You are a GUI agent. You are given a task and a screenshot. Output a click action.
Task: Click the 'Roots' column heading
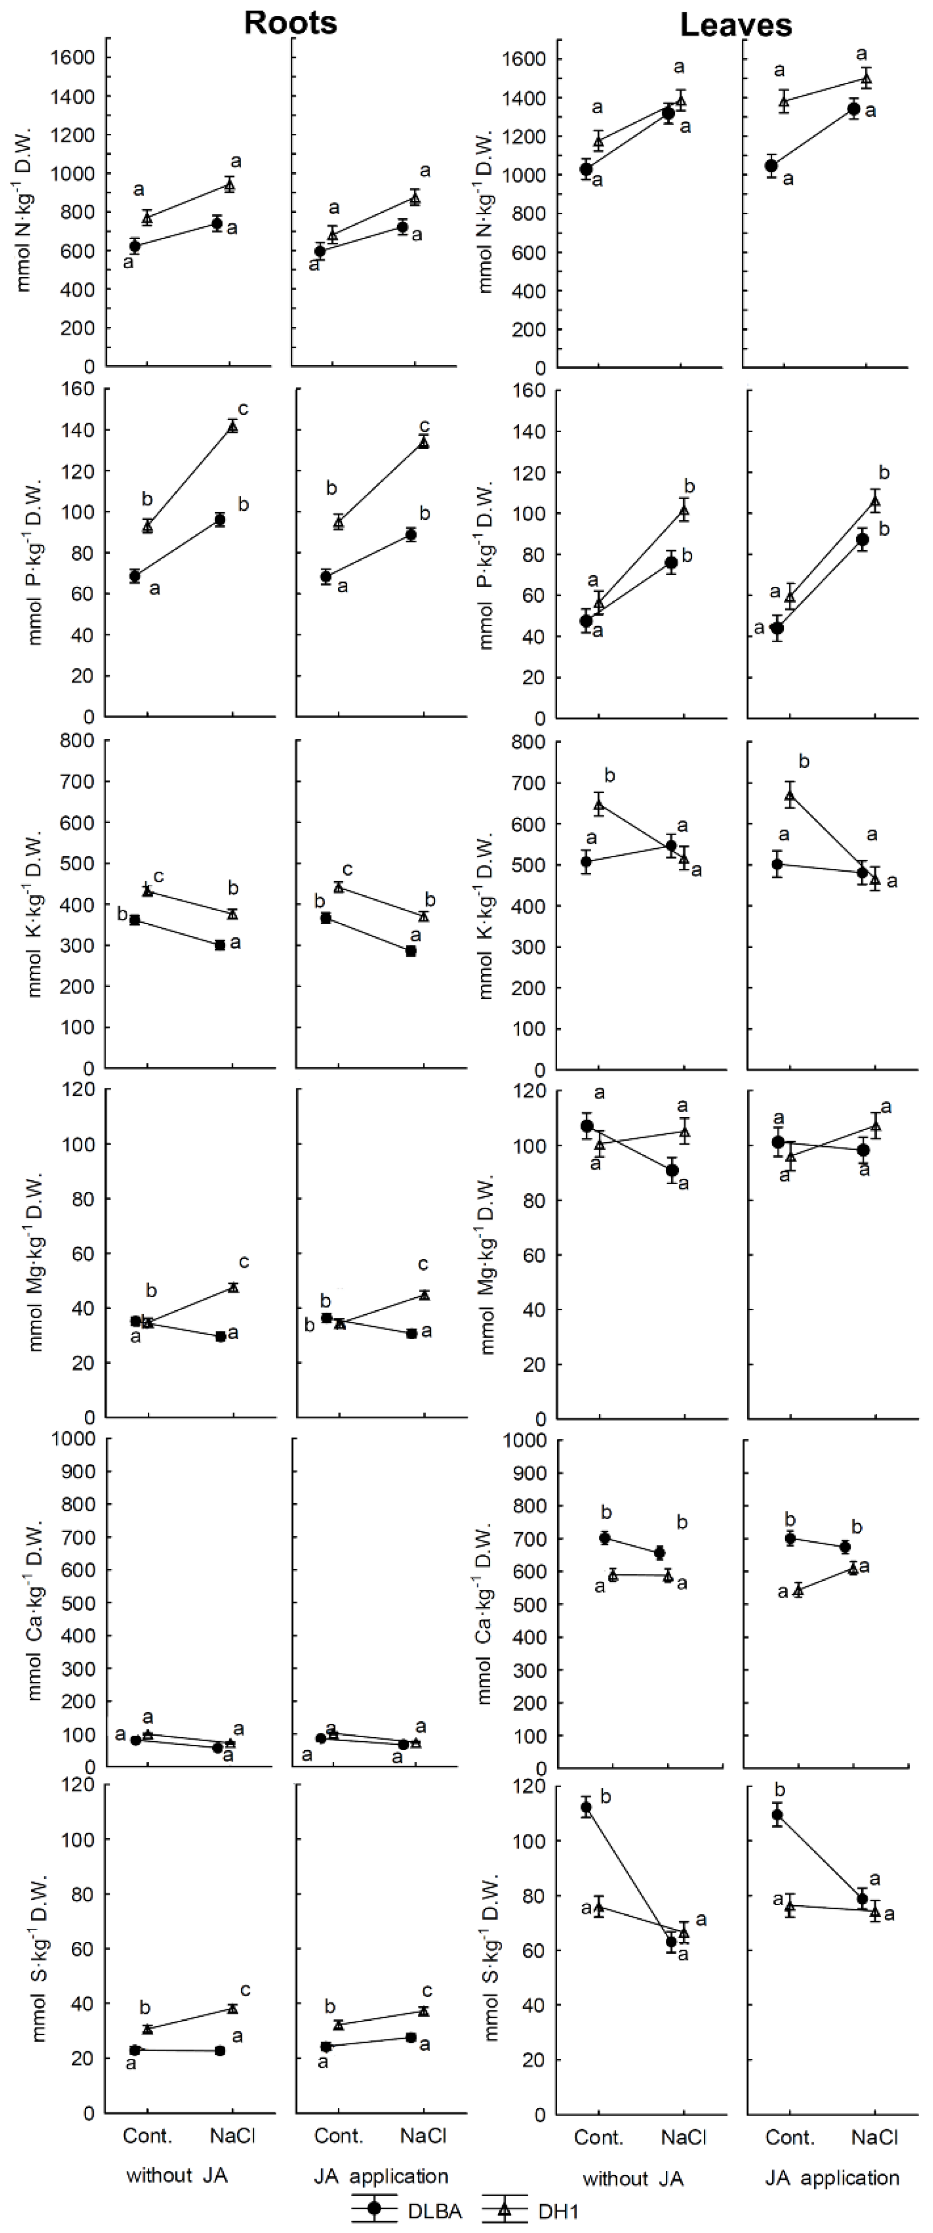[x=290, y=23]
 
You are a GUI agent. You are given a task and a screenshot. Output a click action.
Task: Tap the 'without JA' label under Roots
[x=177, y=2175]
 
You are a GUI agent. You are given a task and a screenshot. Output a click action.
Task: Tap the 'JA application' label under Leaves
[x=831, y=2178]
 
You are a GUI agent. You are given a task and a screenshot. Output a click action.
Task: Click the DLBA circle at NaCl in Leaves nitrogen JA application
[x=854, y=109]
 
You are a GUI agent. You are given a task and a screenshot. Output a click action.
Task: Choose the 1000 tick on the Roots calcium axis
[x=73, y=1439]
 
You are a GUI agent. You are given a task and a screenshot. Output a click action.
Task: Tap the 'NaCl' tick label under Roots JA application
[x=423, y=2135]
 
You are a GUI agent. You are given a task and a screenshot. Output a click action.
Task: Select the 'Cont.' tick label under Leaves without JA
[x=598, y=2138]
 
